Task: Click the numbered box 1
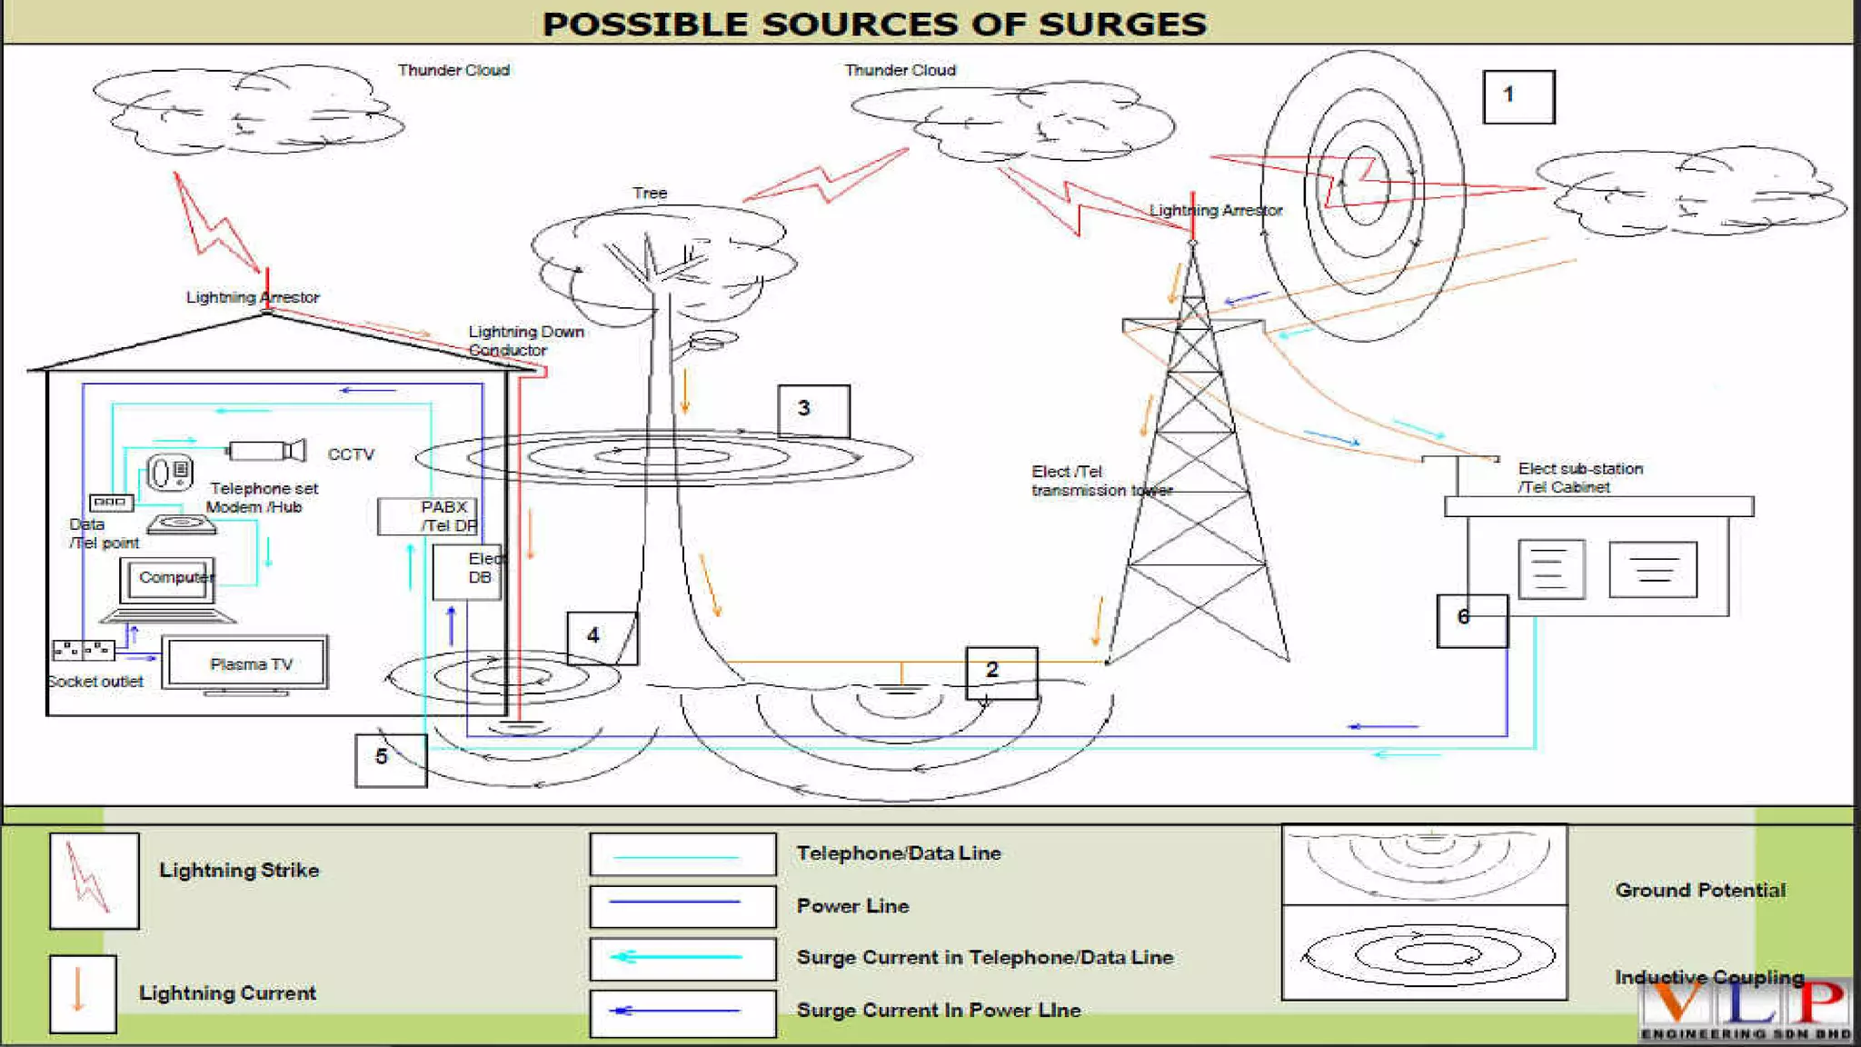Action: (1518, 96)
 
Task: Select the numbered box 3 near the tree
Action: (813, 410)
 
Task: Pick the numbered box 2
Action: (1000, 673)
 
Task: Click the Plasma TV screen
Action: (245, 663)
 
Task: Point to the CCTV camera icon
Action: (266, 451)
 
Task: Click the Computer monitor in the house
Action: (169, 580)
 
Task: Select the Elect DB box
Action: (466, 572)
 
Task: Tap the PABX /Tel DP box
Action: (427, 516)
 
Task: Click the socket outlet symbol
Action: (83, 650)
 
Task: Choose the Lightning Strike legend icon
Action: (94, 880)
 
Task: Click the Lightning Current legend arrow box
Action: (82, 993)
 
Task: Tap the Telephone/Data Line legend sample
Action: (682, 854)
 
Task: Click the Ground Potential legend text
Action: (1699, 891)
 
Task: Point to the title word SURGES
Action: (1122, 25)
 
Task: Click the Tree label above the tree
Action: (650, 193)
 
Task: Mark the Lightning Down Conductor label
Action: (525, 341)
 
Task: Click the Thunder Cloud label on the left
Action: (453, 70)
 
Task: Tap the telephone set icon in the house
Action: (170, 473)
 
